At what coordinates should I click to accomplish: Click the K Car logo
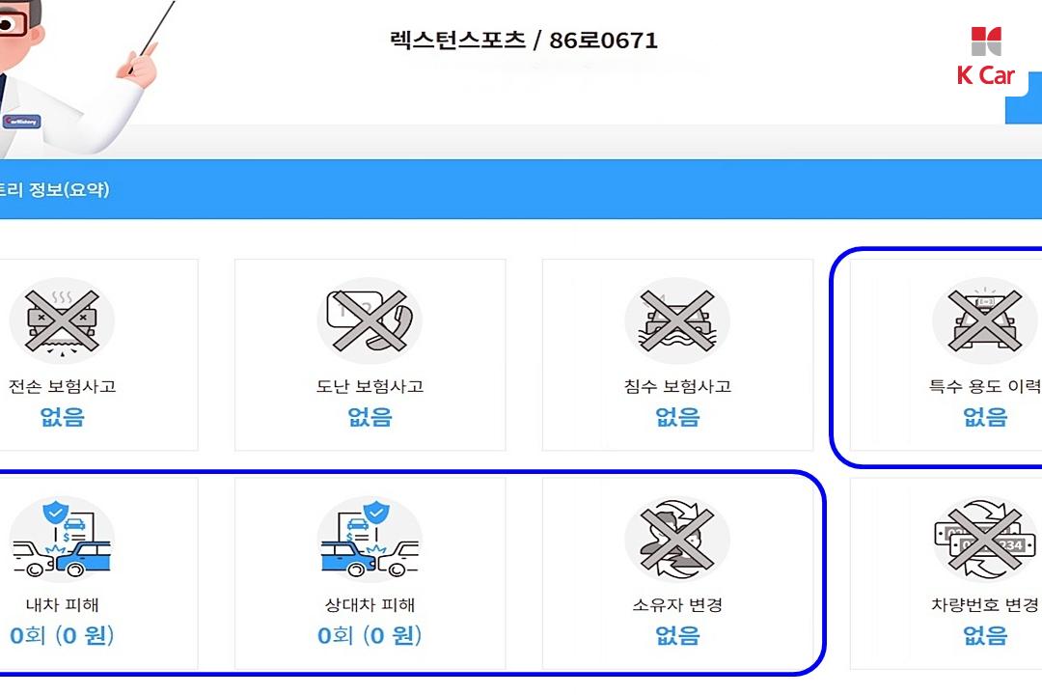pyautogui.click(x=986, y=57)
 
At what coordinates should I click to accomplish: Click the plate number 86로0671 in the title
pyautogui.click(x=603, y=41)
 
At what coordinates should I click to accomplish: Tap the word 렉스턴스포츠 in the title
pyautogui.click(x=457, y=40)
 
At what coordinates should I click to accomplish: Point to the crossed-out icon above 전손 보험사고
pyautogui.click(x=62, y=320)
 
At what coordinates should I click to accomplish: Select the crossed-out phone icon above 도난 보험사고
pyautogui.click(x=370, y=320)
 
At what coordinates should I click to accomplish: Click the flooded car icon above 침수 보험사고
pyautogui.click(x=677, y=320)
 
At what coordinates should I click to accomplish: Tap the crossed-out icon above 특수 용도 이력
pyautogui.click(x=985, y=320)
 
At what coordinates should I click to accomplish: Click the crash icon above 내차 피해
pyautogui.click(x=62, y=539)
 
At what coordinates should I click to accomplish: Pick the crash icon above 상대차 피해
pyautogui.click(x=370, y=539)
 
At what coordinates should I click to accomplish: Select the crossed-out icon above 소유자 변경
pyautogui.click(x=677, y=539)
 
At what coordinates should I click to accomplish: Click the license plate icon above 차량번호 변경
pyautogui.click(x=985, y=539)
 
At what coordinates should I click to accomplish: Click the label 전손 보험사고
pyautogui.click(x=62, y=386)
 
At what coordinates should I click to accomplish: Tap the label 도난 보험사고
pyautogui.click(x=370, y=386)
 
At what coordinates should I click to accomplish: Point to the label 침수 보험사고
pyautogui.click(x=677, y=386)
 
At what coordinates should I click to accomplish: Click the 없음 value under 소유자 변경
pyautogui.click(x=678, y=635)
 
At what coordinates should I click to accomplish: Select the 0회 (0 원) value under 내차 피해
pyautogui.click(x=62, y=635)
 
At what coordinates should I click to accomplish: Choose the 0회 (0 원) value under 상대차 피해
pyautogui.click(x=370, y=635)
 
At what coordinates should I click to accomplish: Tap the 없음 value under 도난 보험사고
pyautogui.click(x=370, y=417)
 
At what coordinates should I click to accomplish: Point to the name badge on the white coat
pyautogui.click(x=21, y=122)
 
